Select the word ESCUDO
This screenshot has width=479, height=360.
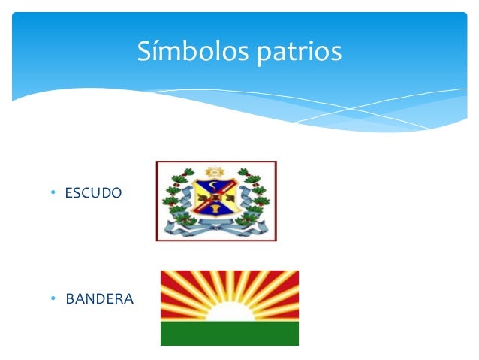point(92,193)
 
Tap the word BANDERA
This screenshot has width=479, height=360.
point(99,299)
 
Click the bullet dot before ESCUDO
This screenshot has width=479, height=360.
point(53,193)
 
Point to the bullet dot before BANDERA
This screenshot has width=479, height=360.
point(53,299)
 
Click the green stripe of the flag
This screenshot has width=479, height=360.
point(229,333)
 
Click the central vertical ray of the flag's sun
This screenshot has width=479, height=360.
point(229,286)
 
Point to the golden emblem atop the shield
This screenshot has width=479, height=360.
point(215,171)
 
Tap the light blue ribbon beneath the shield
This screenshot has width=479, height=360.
point(216,225)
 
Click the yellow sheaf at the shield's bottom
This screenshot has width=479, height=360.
point(216,207)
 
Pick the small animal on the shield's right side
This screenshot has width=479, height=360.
point(229,198)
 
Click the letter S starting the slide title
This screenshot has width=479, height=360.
point(144,51)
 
